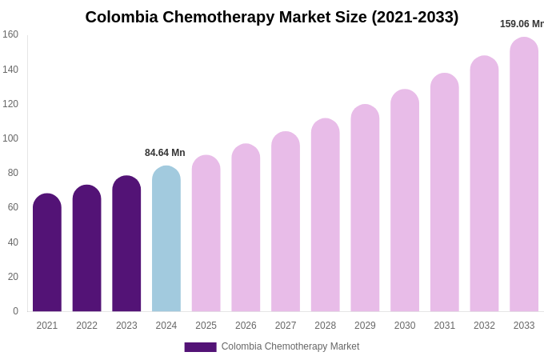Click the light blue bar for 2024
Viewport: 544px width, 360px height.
point(166,240)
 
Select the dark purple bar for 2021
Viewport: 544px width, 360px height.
point(47,254)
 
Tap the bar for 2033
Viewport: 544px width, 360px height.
point(524,176)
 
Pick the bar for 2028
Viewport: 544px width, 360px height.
point(326,216)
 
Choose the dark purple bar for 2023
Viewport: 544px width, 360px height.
point(126,245)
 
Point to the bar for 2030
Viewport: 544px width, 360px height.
point(405,202)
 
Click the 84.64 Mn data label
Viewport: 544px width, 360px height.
point(165,153)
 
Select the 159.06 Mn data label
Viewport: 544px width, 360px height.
point(521,24)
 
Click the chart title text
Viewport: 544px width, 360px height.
point(272,17)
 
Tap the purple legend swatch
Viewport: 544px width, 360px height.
point(200,347)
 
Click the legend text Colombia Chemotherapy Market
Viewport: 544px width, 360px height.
point(290,346)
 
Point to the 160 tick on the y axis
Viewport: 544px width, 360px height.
point(10,34)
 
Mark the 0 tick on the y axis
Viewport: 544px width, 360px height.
point(15,311)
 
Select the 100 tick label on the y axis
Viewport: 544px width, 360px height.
point(10,138)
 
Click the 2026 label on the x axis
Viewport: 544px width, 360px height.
point(246,326)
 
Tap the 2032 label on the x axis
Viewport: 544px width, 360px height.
point(484,326)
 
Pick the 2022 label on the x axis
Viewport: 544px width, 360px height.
point(86,326)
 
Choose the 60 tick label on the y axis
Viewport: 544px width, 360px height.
point(13,207)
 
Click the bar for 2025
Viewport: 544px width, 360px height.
point(206,234)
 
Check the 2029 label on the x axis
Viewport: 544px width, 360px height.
point(365,326)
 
